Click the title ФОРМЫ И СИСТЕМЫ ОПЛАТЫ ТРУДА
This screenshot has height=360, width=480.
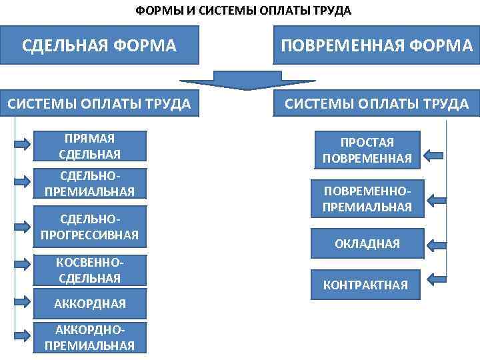pyautogui.click(x=243, y=11)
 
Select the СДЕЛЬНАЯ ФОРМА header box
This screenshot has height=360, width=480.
pyautogui.click(x=99, y=45)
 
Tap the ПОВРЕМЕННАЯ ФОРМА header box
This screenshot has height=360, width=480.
pyautogui.click(x=377, y=45)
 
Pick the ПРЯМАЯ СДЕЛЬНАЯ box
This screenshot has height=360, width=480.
pyautogui.click(x=90, y=147)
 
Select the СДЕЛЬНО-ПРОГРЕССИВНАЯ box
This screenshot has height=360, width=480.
pyautogui.click(x=90, y=227)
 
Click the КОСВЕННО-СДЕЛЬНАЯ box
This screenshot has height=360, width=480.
pyautogui.click(x=90, y=270)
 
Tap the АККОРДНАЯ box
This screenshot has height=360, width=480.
pyautogui.click(x=90, y=303)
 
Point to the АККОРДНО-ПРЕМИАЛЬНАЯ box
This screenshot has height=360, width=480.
pyautogui.click(x=90, y=337)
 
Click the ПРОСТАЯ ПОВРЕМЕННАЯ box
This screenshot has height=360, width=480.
pyautogui.click(x=367, y=151)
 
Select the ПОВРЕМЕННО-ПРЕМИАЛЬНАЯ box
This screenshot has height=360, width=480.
pyautogui.click(x=367, y=199)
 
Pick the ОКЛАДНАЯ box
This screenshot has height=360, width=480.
pyautogui.click(x=367, y=243)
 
